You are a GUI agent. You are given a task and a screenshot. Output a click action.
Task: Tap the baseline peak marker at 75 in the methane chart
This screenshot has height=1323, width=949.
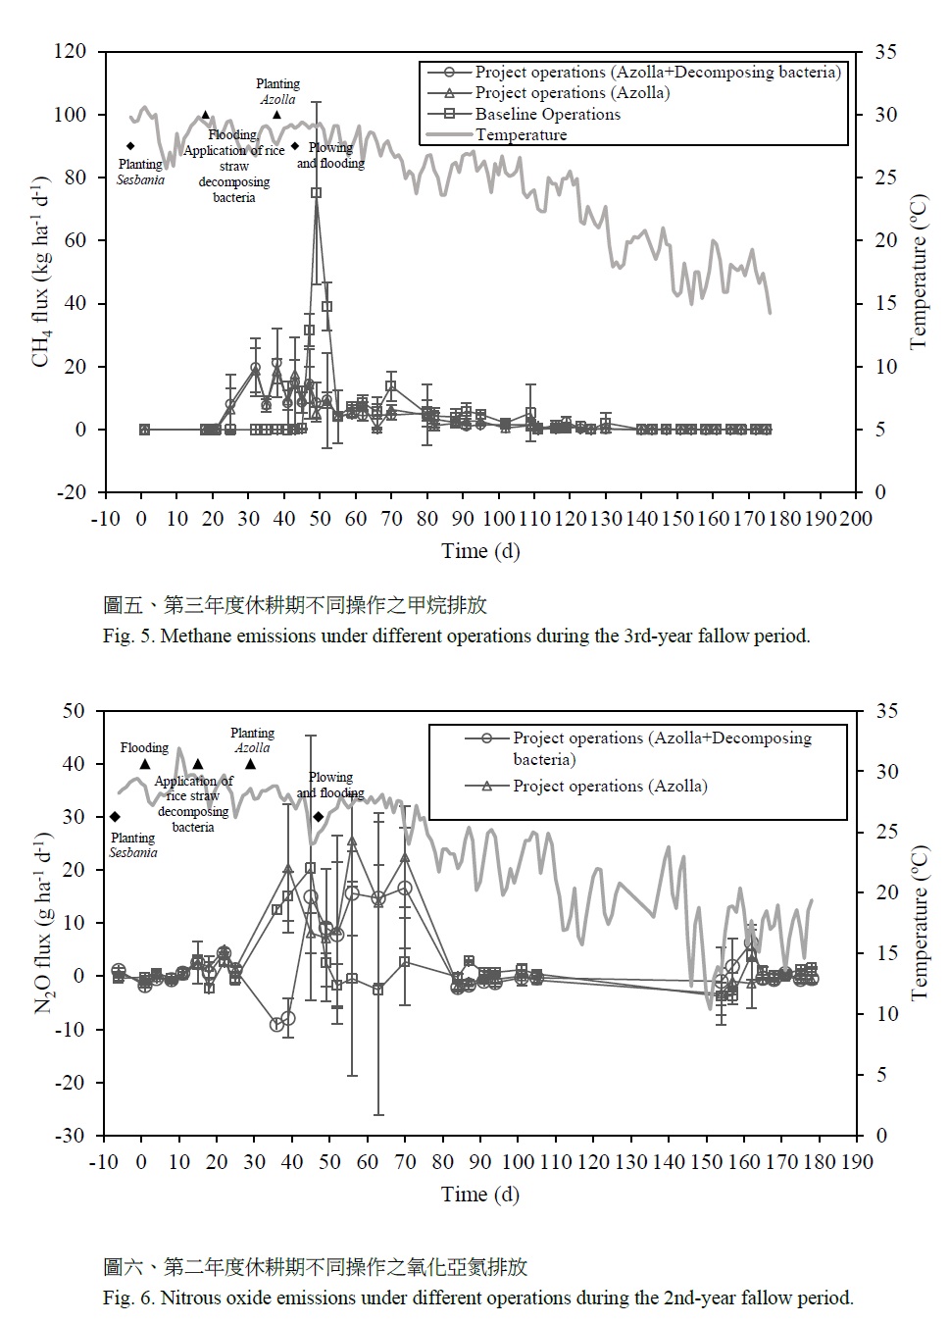[317, 192]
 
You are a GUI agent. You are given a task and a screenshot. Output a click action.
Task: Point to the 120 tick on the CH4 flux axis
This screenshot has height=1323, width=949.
[71, 51]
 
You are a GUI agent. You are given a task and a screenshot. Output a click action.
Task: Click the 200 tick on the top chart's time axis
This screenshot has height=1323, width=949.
[856, 519]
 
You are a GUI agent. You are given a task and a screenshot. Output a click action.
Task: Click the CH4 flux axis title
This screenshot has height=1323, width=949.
[41, 273]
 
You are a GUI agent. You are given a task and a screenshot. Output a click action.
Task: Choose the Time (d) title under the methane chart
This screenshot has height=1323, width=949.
[480, 551]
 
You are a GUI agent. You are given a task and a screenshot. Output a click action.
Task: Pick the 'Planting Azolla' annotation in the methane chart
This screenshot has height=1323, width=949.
[277, 91]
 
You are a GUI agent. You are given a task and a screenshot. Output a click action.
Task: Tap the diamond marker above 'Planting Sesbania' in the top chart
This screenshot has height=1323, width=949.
[130, 146]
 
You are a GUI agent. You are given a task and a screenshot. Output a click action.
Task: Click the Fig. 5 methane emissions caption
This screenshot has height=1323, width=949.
[457, 636]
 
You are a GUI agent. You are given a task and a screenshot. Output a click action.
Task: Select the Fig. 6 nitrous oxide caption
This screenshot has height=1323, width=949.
[478, 1298]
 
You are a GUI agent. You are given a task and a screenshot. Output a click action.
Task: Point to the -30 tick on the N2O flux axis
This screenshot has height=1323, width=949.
[70, 1135]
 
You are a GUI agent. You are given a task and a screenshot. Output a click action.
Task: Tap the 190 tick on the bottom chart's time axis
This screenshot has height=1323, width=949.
[856, 1162]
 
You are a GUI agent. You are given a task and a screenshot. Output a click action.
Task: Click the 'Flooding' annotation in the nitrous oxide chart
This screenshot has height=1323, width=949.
[144, 747]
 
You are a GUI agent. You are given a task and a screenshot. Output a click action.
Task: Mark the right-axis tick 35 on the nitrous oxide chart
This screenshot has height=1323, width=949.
[886, 710]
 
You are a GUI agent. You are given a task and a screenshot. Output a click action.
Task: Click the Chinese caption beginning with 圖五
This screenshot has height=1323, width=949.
[295, 605]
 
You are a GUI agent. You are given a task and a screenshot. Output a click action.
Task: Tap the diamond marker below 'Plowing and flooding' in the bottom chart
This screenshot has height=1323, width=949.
[319, 817]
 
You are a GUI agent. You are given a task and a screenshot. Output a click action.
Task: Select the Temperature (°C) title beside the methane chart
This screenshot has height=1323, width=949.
[919, 272]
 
